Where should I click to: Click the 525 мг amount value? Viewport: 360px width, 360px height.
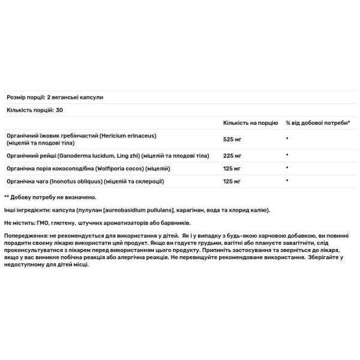[x=232, y=138]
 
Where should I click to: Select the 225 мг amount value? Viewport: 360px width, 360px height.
[x=232, y=155]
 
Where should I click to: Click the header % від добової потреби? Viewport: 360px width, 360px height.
[x=317, y=122]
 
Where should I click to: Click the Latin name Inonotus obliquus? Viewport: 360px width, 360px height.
[x=82, y=181]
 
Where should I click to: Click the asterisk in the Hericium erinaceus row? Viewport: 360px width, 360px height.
[x=287, y=138]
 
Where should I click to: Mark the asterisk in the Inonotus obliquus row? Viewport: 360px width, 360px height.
[x=287, y=181]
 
